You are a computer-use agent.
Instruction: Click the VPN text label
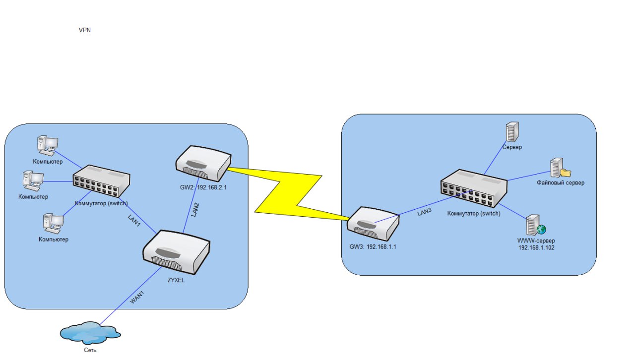coord(85,30)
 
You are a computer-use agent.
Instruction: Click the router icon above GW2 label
coord(203,163)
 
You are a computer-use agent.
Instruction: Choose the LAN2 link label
coord(196,209)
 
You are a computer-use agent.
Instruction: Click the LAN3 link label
coord(425,212)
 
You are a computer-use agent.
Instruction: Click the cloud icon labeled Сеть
coord(90,332)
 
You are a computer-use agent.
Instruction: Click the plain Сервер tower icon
coord(511,132)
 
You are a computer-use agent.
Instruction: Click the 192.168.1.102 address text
coord(536,247)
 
